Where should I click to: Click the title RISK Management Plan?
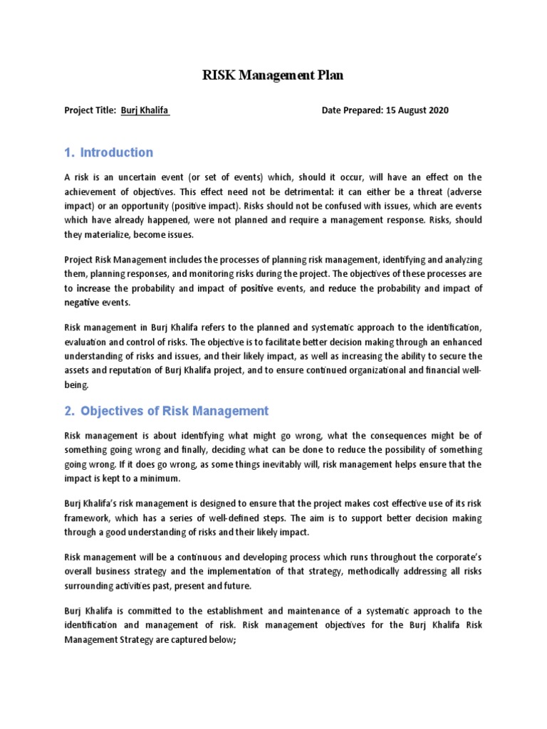273,75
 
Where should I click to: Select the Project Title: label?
90,110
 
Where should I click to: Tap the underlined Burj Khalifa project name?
145,110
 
